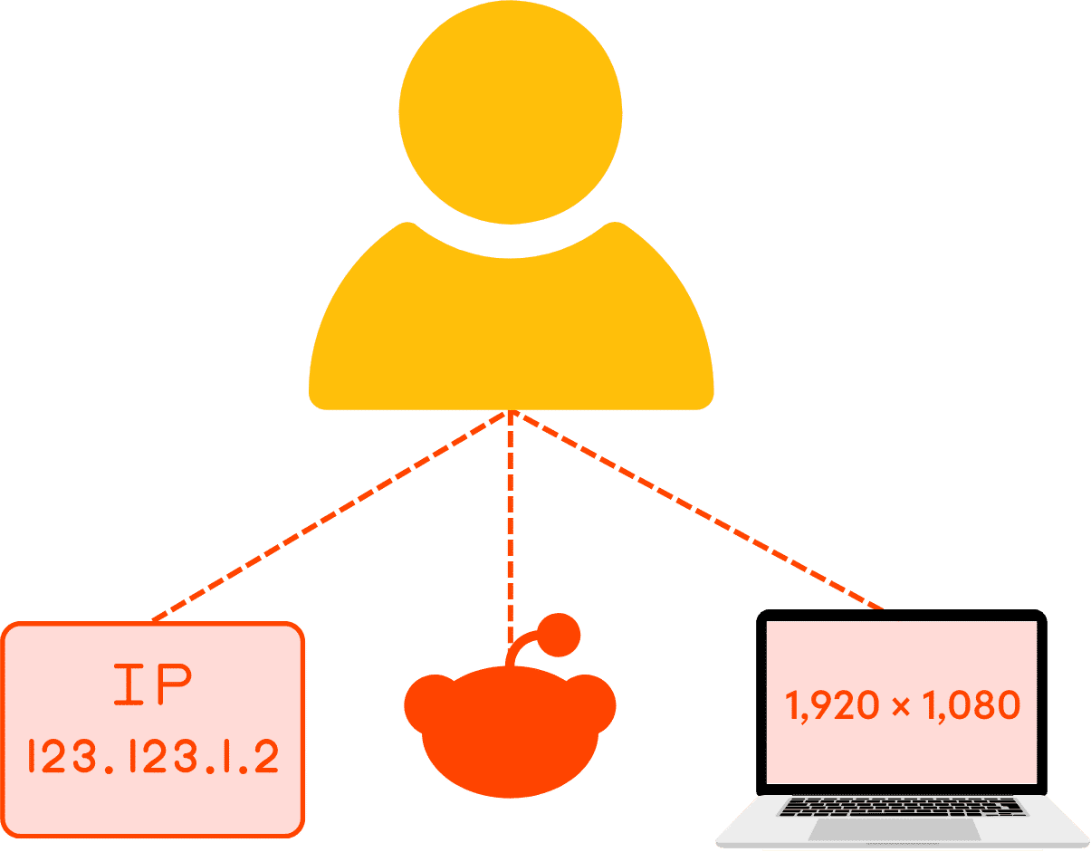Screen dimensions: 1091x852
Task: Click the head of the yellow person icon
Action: (x=510, y=112)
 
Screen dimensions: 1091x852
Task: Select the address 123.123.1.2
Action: (x=153, y=757)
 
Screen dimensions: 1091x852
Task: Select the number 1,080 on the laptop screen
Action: (x=971, y=705)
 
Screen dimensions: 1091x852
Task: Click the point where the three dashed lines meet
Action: (x=511, y=414)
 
